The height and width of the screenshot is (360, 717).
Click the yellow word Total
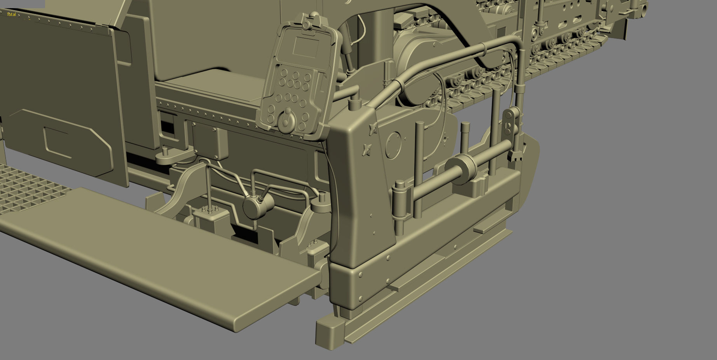(11, 14)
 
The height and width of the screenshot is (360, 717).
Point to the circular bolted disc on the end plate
(393, 143)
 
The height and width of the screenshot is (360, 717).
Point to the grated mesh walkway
(27, 190)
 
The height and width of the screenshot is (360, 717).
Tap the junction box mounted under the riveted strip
(210, 143)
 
